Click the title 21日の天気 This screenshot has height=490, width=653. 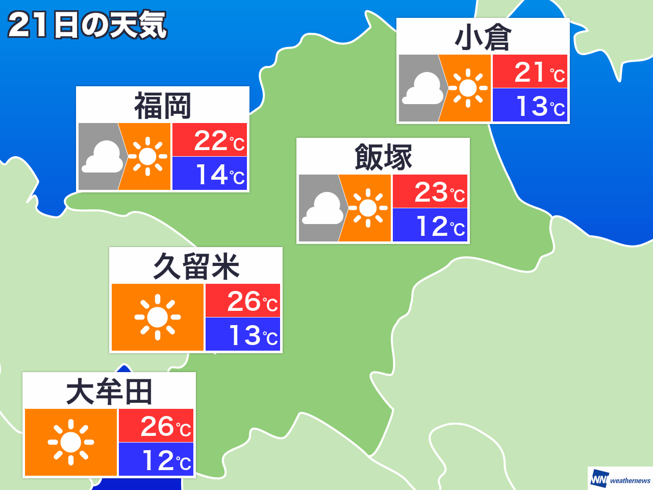[x=87, y=25]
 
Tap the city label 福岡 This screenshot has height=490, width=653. [x=162, y=106]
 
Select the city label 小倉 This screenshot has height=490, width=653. [x=483, y=38]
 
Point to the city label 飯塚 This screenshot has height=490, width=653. [x=383, y=157]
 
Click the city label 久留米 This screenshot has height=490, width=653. [x=196, y=266]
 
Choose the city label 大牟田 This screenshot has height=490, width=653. [x=109, y=392]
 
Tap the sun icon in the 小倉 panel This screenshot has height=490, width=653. [x=467, y=88]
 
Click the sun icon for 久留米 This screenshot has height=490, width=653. [x=157, y=317]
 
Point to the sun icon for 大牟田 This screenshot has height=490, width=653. [x=71, y=442]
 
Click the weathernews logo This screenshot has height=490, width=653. [x=620, y=479]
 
